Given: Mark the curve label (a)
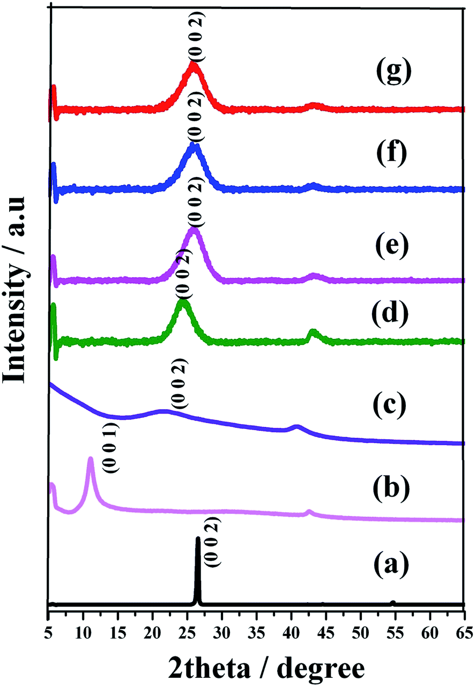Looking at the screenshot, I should pos(390,565).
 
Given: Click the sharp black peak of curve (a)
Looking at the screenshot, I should pos(198,540).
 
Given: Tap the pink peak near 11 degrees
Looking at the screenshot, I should pos(91,460).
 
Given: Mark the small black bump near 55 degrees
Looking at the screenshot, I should pos(393,603).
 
